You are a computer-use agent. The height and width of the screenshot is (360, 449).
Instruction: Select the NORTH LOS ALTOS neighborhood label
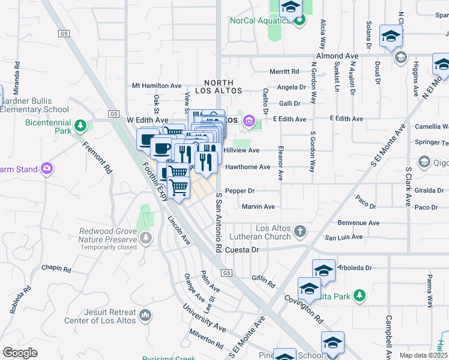point(223,86)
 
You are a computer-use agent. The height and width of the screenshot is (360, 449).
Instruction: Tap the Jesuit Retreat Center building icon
point(145,314)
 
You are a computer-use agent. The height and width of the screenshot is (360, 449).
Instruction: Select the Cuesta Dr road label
point(242,250)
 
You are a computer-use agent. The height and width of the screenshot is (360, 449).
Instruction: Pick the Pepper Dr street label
point(240,191)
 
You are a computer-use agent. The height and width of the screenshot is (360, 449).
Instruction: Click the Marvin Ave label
point(258,207)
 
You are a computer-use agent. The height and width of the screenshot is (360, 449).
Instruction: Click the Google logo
point(20,352)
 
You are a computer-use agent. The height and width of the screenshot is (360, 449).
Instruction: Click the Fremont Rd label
point(97,158)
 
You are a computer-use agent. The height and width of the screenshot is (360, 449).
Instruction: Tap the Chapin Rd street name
point(56,267)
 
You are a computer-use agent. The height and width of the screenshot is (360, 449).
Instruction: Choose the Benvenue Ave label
point(359,223)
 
